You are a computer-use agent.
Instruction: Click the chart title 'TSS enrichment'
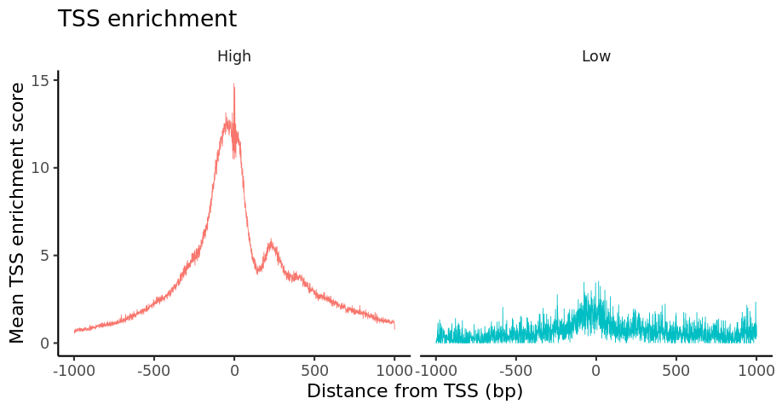(147, 19)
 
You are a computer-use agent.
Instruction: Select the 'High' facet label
(234, 57)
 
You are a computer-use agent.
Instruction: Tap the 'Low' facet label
(595, 57)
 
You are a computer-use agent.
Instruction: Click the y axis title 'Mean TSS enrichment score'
(18, 213)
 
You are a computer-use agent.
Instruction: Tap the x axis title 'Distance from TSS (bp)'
(414, 391)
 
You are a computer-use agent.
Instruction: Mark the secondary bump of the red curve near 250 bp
(271, 244)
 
